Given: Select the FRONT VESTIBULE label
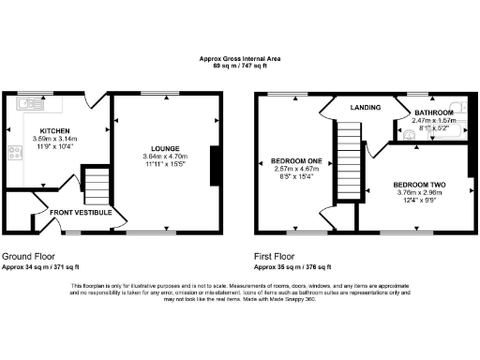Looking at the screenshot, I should (x=81, y=213).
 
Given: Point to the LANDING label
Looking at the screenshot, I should (x=352, y=107).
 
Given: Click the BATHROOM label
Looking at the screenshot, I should (x=433, y=112).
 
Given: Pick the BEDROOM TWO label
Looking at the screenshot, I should (x=418, y=183).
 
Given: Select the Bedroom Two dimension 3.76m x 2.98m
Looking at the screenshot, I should (x=418, y=191).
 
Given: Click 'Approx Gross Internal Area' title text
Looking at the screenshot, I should (x=239, y=59).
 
